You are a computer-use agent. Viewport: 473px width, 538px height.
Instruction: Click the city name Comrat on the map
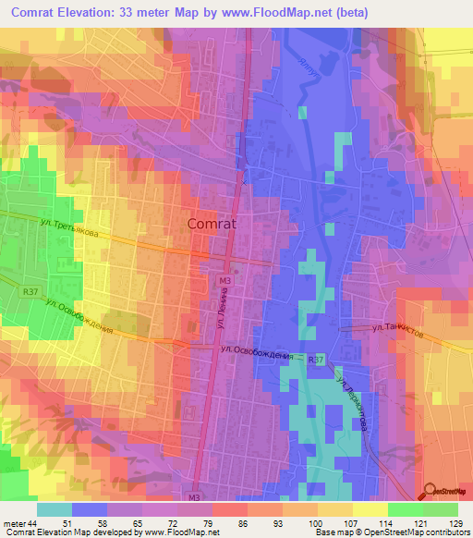pyautogui.click(x=212, y=223)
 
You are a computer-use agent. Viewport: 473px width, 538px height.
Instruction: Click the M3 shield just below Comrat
pyautogui.click(x=225, y=278)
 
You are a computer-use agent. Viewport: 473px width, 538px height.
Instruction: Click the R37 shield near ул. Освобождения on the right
pyautogui.click(x=317, y=359)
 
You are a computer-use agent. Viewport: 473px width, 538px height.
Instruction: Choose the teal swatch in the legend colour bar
pyautogui.click(x=55, y=509)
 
